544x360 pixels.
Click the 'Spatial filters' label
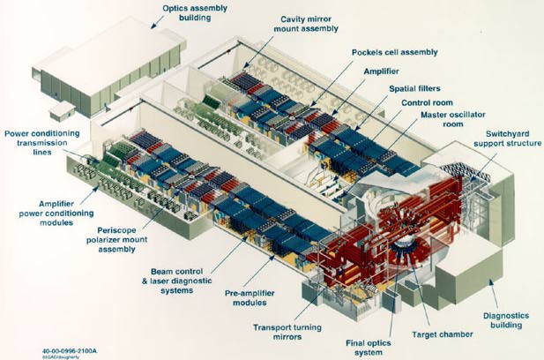pyautogui.click(x=419, y=89)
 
